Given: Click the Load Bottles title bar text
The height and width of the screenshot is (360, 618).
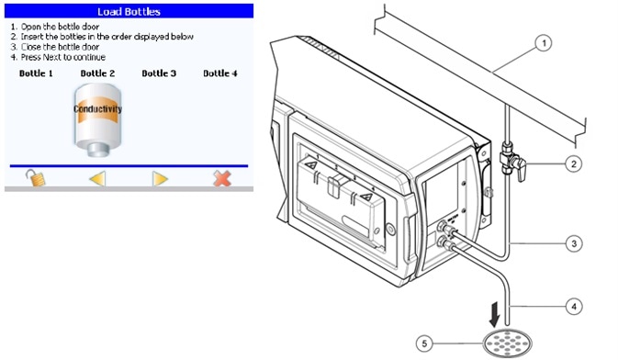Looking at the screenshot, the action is pyautogui.click(x=129, y=12).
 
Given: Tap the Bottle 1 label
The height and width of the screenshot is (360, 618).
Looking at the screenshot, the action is pyautogui.click(x=36, y=73).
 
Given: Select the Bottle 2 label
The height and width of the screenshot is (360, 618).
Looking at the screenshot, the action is pyautogui.click(x=97, y=73).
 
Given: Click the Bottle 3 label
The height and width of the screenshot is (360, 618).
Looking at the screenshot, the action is pyautogui.click(x=159, y=73).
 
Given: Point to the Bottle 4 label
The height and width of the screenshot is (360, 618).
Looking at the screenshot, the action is pyautogui.click(x=220, y=73).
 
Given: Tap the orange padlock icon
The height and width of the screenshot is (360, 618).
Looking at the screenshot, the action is pyautogui.click(x=36, y=178).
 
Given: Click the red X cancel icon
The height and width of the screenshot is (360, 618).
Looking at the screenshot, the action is pyautogui.click(x=222, y=178).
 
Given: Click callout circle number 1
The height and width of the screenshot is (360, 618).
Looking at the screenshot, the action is pyautogui.click(x=544, y=42).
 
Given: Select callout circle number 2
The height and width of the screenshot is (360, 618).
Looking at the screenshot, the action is pyautogui.click(x=573, y=163).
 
